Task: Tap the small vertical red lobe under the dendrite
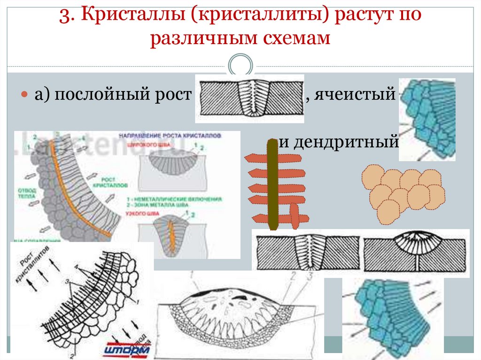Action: (x=294, y=215)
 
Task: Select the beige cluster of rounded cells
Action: (x=403, y=193)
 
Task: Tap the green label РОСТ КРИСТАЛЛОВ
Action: (x=109, y=183)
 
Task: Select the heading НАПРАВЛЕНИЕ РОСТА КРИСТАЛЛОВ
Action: (x=169, y=135)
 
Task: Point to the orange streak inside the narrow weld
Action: (x=171, y=237)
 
